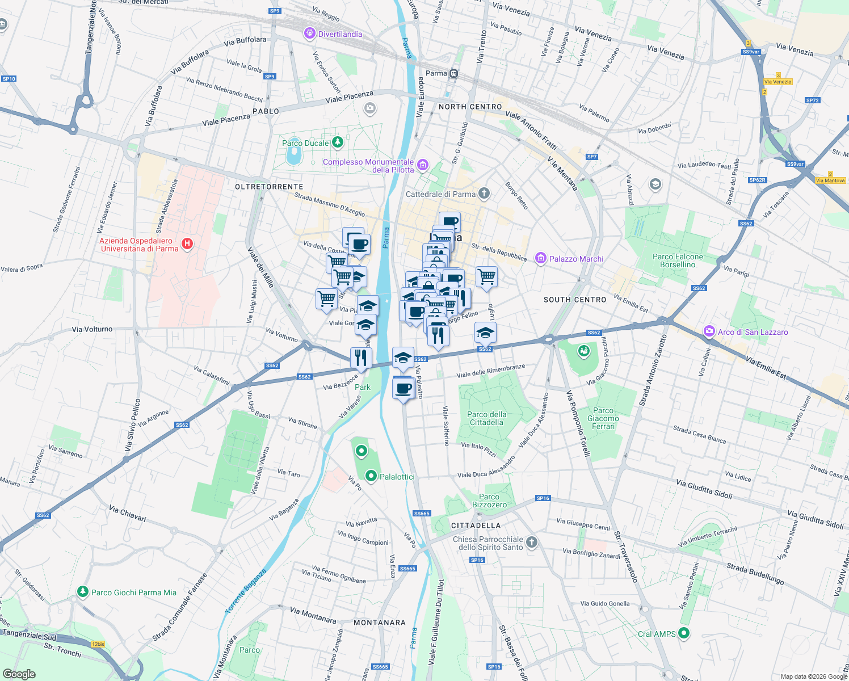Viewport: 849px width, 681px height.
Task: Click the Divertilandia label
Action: [x=340, y=34]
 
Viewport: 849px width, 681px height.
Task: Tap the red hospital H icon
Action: [x=187, y=244]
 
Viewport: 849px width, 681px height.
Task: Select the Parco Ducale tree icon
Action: [x=338, y=142]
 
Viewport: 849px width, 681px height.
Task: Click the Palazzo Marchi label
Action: [x=576, y=259]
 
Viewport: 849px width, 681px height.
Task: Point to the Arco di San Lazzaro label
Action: [x=753, y=332]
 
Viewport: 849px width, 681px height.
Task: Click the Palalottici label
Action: [x=397, y=477]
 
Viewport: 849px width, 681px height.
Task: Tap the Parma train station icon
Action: [x=453, y=74]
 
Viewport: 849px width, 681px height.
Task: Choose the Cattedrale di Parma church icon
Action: [x=484, y=194]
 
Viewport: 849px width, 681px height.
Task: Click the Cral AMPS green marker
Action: [x=684, y=633]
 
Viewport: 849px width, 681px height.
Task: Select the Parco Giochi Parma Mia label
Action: [x=134, y=592]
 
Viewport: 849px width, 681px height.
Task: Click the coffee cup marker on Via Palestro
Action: [x=404, y=389]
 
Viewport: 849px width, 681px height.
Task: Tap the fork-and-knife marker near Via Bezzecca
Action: [x=361, y=358]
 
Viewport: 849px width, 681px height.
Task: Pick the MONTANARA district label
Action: [x=380, y=623]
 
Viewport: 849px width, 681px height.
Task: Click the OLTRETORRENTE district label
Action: [x=269, y=187]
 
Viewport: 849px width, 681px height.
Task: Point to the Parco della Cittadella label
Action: [x=487, y=418]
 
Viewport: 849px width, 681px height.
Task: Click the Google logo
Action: [x=19, y=674]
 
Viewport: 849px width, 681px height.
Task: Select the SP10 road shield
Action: [x=9, y=79]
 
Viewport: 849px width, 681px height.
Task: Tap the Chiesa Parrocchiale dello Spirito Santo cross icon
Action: [x=532, y=542]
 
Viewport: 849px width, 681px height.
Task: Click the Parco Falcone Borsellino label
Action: [x=678, y=260]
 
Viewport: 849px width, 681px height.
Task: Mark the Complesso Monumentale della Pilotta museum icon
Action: [x=422, y=165]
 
